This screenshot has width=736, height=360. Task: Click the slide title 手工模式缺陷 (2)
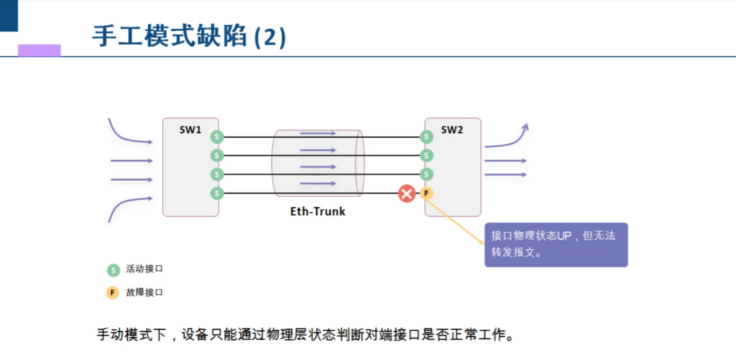pos(189,36)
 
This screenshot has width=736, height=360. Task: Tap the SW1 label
pos(190,130)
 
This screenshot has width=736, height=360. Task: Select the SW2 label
pos(452,130)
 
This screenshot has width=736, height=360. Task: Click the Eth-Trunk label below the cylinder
pos(318,211)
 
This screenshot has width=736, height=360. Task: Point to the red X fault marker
pos(407,193)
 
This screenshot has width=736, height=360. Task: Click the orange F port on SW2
pos(426,193)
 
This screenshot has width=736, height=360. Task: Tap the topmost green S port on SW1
pos(217,137)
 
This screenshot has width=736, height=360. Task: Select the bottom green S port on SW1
pos(217,193)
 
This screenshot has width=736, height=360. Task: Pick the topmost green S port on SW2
pos(426,137)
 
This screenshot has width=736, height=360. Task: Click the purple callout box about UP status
pos(556,245)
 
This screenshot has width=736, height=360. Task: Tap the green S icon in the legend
pos(112,270)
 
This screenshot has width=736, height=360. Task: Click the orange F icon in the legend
pos(112,293)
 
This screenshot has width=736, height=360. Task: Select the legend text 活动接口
pos(144,269)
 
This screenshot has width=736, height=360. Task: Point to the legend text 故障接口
pos(144,292)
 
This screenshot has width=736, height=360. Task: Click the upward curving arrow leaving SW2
pos(509,140)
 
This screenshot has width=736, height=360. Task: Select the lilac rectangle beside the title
pos(39,50)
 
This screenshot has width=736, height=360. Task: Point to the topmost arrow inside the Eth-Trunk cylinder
pos(318,133)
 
